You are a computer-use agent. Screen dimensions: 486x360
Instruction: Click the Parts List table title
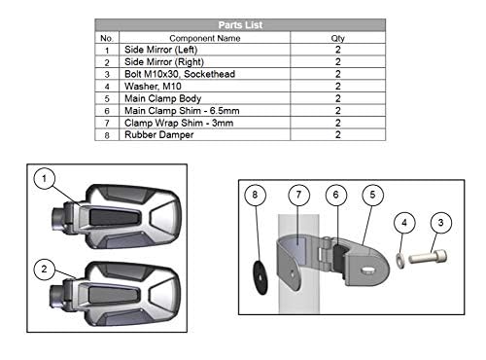tap(240, 25)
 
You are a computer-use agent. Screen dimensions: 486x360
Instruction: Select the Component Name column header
tap(205, 38)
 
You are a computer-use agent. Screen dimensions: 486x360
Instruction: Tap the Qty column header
tap(337, 38)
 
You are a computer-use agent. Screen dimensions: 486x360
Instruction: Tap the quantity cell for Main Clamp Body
tap(338, 98)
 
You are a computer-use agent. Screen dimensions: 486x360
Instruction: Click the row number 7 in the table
tap(107, 124)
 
